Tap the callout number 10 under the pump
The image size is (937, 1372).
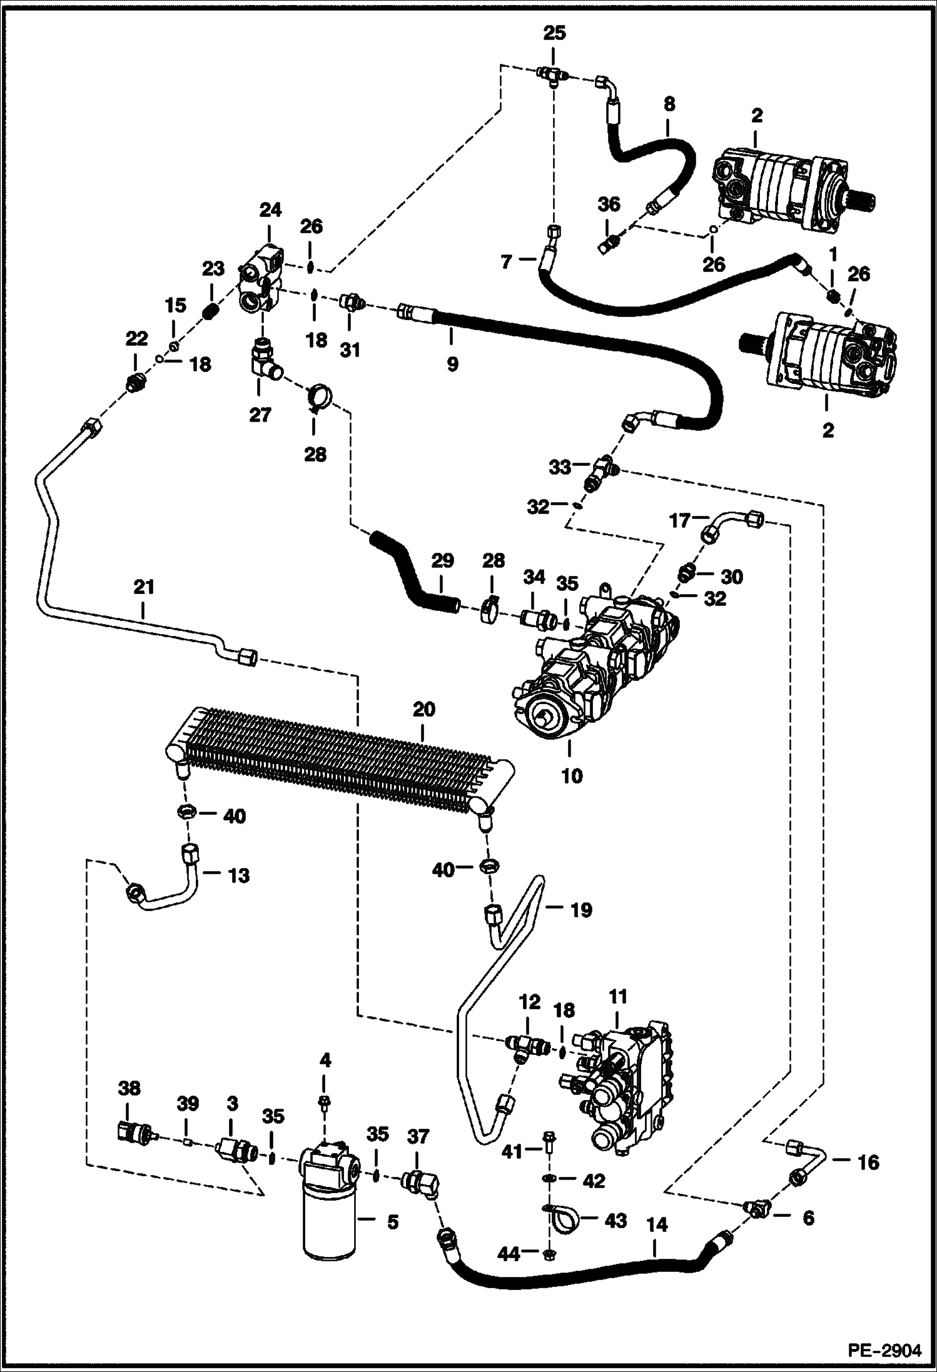572,775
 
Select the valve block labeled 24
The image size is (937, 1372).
261,279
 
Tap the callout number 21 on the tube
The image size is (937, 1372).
143,587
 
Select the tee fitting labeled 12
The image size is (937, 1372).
524,1043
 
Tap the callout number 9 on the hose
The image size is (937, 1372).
452,363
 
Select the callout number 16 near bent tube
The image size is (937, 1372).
868,1162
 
